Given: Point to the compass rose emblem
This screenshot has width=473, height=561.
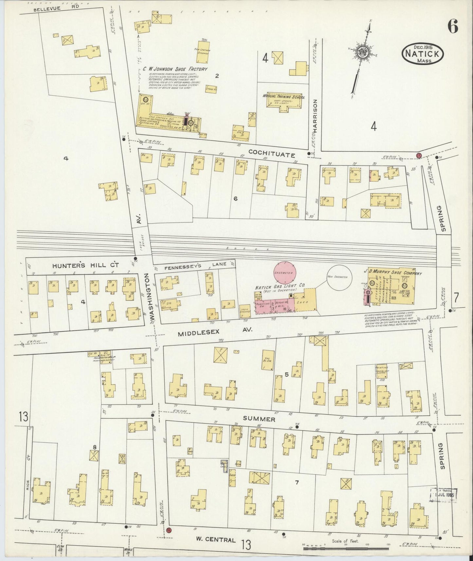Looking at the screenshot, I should click(x=362, y=51).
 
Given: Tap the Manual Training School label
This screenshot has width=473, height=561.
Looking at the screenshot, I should click(x=283, y=97).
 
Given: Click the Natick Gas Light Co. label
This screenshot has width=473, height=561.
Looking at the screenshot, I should click(x=280, y=286).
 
